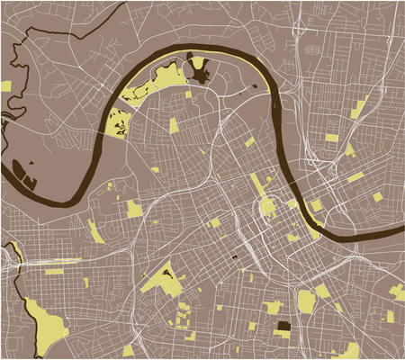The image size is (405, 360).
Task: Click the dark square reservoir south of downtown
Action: tap(283, 328)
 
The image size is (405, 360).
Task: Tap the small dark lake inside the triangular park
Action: tap(166, 272)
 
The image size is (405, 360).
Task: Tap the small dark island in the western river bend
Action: tap(31, 163)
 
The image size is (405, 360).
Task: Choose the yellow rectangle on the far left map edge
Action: tap(5, 86)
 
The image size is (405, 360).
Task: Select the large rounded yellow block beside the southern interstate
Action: tap(306, 301)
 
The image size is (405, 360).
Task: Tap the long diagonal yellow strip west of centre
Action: tap(95, 231)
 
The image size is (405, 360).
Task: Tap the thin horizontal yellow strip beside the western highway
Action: tap(54, 271)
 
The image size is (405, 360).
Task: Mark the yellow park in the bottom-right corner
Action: tap(393, 291)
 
